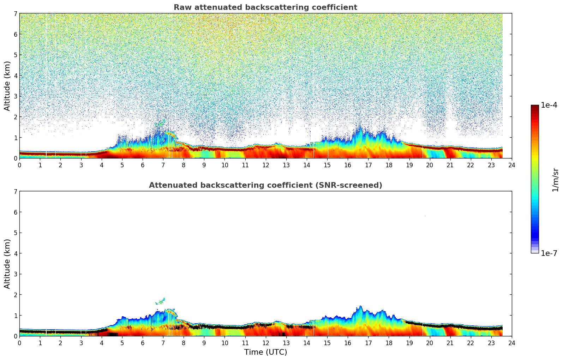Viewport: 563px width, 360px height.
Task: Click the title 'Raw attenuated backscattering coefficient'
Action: click(x=265, y=7)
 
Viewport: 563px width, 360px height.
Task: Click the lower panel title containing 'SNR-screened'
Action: click(x=265, y=185)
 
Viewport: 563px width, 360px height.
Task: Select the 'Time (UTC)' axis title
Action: click(x=265, y=352)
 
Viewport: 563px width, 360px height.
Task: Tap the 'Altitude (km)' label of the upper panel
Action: click(x=7, y=86)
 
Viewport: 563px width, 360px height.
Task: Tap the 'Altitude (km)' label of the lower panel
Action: click(x=7, y=264)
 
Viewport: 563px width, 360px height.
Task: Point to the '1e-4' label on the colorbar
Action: click(x=549, y=105)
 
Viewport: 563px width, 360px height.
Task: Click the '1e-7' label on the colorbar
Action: click(x=549, y=253)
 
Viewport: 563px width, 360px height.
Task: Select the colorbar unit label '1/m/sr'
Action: click(x=555, y=179)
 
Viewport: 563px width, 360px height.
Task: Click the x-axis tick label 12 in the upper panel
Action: click(x=265, y=165)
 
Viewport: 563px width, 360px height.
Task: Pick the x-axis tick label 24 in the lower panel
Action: click(x=511, y=343)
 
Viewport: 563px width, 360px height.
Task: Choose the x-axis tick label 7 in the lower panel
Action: click(x=163, y=343)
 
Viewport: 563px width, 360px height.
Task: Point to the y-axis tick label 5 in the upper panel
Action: click(x=15, y=55)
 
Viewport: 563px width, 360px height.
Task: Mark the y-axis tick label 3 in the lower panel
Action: click(x=15, y=274)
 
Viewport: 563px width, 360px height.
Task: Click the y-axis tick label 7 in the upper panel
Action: click(x=15, y=13)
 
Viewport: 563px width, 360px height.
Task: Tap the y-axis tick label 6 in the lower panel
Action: click(x=15, y=212)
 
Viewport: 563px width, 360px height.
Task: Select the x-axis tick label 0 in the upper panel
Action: click(x=19, y=165)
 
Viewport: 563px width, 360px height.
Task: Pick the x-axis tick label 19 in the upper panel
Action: click(x=409, y=165)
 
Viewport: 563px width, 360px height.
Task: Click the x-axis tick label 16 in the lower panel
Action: click(x=348, y=343)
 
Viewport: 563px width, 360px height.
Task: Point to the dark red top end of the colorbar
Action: click(x=534, y=107)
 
